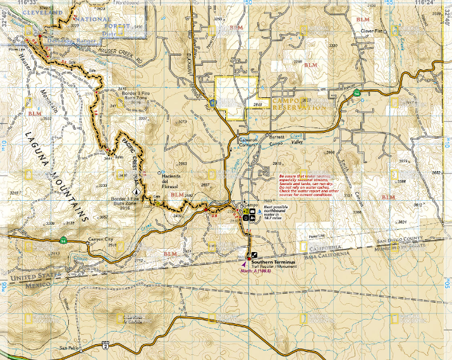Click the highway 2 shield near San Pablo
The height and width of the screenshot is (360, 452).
[105, 345]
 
